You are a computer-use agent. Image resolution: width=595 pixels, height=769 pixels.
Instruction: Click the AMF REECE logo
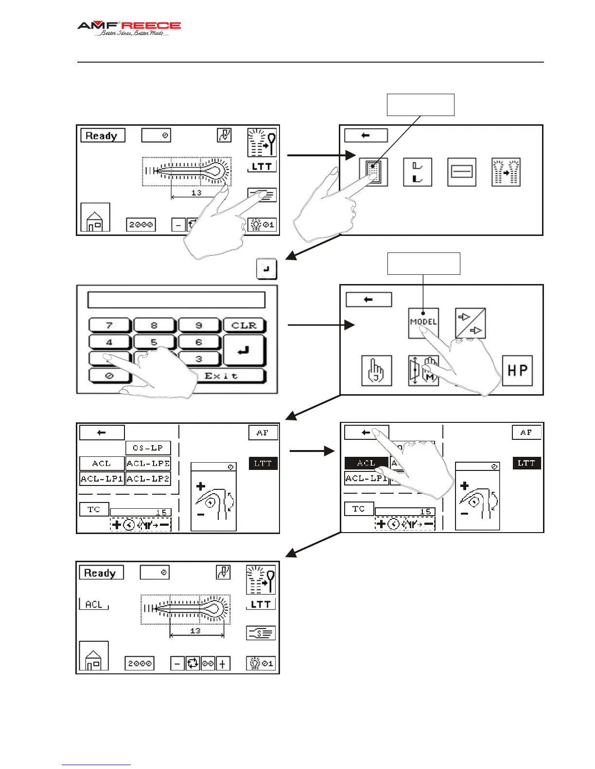[x=129, y=28]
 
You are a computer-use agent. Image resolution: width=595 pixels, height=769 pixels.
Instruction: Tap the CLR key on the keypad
[x=244, y=325]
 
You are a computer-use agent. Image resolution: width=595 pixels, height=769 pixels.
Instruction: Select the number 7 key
[x=109, y=325]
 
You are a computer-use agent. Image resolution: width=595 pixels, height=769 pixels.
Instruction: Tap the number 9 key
[x=199, y=325]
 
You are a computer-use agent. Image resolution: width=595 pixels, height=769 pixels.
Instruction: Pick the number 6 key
[x=199, y=342]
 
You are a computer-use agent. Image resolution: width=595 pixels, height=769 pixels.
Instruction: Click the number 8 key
[x=154, y=325]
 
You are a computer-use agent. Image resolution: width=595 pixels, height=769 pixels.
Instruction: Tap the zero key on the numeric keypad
[x=109, y=376]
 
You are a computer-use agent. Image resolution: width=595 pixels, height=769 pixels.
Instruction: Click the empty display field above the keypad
[x=176, y=300]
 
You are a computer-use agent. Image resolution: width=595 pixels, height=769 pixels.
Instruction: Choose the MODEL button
[x=423, y=322]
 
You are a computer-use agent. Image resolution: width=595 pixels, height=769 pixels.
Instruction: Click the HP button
[x=517, y=371]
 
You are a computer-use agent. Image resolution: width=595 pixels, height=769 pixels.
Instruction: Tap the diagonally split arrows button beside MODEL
[x=470, y=323]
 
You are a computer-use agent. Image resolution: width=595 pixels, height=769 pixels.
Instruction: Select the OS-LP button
[x=148, y=448]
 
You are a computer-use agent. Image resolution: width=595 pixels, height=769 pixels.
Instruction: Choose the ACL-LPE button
[x=148, y=464]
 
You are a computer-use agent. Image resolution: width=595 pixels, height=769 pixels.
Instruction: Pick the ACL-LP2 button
[x=148, y=479]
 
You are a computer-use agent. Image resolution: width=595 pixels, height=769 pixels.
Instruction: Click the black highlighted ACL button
[x=366, y=463]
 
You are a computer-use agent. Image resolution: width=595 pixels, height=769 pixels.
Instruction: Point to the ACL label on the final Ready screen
[x=94, y=604]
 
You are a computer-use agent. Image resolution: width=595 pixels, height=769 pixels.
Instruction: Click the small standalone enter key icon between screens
[x=266, y=268]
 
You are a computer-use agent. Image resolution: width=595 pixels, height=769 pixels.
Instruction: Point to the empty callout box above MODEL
[x=423, y=263]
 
